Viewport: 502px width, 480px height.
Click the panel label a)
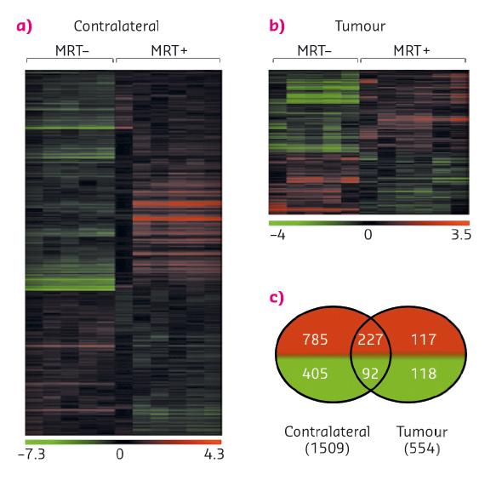pos(25,26)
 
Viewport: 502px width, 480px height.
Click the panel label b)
pos(277,26)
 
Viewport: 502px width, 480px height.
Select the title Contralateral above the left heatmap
pos(114,26)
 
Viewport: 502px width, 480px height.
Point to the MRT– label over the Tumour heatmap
pos(315,52)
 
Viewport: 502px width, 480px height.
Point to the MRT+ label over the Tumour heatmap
pos(412,52)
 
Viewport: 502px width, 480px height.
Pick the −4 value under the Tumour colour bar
pos(277,236)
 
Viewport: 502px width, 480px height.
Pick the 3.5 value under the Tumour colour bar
pos(460,236)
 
